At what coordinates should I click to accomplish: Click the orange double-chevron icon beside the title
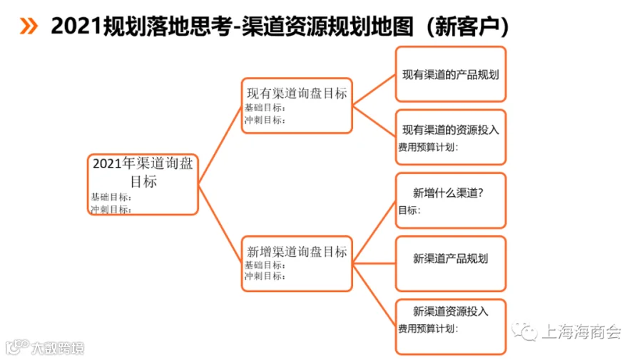tap(29, 26)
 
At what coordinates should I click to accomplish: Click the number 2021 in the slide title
tap(76, 26)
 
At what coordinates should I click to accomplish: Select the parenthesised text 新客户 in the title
tap(467, 26)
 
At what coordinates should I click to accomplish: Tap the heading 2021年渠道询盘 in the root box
tap(143, 163)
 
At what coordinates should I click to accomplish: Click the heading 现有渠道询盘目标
tap(297, 93)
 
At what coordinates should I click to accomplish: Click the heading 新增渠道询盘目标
tap(297, 251)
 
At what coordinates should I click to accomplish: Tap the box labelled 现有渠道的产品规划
tap(451, 74)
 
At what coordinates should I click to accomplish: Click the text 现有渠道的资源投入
tap(451, 130)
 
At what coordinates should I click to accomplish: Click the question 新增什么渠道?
tap(449, 192)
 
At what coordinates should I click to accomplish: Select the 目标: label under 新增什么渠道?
tap(409, 210)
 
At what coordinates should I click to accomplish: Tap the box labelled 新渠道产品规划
tap(451, 264)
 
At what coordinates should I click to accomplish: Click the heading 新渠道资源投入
tap(451, 312)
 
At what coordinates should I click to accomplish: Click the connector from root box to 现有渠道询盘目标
tap(220, 145)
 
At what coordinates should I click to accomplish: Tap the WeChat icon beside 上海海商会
tap(524, 331)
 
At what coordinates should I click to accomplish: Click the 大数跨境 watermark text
tap(57, 348)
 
